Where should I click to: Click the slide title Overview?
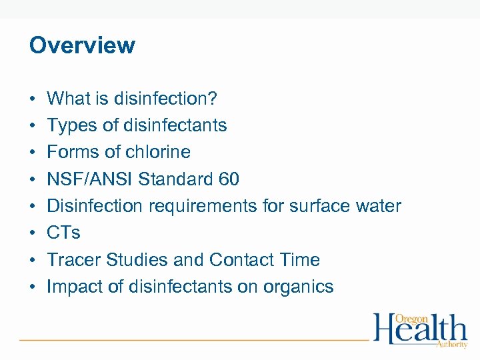[x=82, y=45]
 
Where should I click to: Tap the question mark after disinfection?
[x=213, y=99]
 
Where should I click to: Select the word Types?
[x=69, y=125]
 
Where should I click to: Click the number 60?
[x=228, y=179]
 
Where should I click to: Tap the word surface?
[x=317, y=206]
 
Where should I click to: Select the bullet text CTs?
[x=63, y=233]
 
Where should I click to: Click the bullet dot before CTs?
[x=33, y=233]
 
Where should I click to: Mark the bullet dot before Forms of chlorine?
[x=33, y=153]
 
